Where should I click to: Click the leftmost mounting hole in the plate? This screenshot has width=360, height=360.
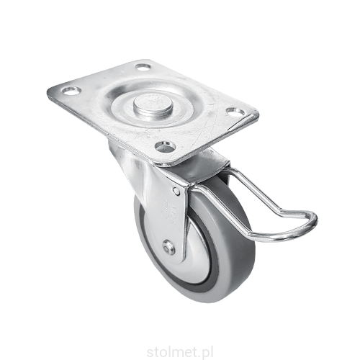pyautogui.click(x=71, y=91)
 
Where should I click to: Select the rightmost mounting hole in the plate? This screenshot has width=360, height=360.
pyautogui.click(x=235, y=112)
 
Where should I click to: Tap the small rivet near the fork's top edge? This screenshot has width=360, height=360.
pyautogui.click(x=176, y=191)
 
